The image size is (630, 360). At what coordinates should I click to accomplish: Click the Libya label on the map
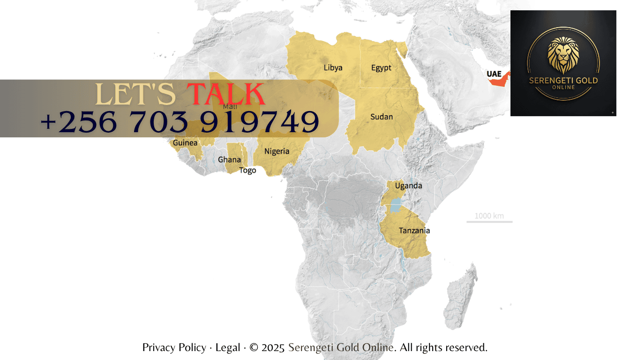coord(333,67)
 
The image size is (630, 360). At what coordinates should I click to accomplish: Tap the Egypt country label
coord(381,67)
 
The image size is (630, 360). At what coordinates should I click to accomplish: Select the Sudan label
coord(382,117)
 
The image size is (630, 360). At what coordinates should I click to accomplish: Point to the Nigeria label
coord(277,151)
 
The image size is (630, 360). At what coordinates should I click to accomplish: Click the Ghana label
coord(229,160)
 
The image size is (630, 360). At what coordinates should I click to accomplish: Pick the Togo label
coord(247,171)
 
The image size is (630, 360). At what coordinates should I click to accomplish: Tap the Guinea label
coord(185,142)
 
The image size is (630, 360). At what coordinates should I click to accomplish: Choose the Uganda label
coord(408,186)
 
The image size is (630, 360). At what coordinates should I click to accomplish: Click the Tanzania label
coord(414,231)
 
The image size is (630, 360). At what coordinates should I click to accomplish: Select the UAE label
coord(494,74)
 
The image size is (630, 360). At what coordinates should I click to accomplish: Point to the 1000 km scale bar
coord(489,221)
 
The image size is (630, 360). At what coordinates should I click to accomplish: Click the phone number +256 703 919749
coord(180,121)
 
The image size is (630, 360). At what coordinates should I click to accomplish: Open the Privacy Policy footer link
coord(174,347)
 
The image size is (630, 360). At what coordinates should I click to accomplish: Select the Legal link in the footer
coord(228,347)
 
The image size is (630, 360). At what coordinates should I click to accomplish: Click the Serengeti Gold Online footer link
coord(341,347)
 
